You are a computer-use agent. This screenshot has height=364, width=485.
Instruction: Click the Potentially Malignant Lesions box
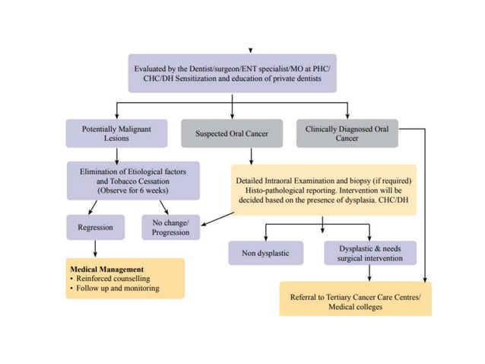tap(116, 134)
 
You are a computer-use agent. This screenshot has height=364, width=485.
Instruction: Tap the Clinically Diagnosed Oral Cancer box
tap(347, 134)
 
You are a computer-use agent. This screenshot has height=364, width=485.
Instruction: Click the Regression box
tap(95, 227)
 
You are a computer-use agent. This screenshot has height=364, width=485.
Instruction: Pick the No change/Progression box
tap(170, 227)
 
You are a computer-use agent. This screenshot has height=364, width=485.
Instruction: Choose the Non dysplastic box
tap(265, 253)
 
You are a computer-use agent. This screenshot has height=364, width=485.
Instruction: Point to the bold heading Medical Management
tap(106, 270)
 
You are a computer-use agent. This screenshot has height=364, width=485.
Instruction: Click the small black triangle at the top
tap(249, 50)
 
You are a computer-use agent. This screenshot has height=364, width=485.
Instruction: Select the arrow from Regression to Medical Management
tap(95, 249)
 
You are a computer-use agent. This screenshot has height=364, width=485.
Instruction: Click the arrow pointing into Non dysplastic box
tap(265, 232)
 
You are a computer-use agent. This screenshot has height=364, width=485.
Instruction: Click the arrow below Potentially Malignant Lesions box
tap(116, 154)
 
